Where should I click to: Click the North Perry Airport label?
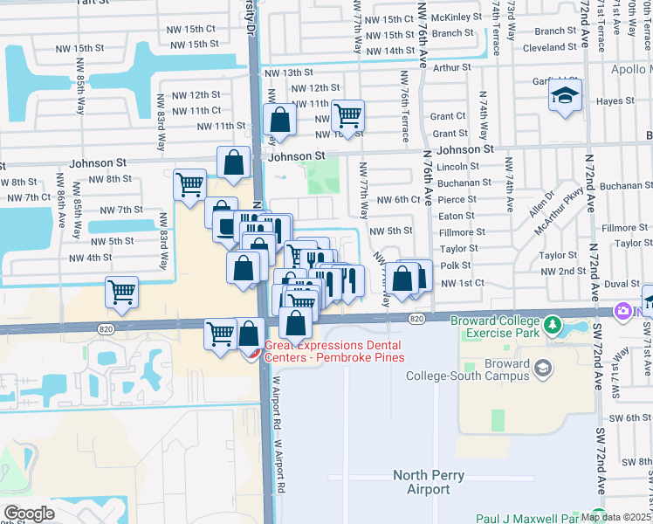[x=428, y=482]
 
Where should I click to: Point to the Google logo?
[x=29, y=513]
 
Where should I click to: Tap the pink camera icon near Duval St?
[x=623, y=310]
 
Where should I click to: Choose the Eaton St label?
[x=457, y=216]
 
